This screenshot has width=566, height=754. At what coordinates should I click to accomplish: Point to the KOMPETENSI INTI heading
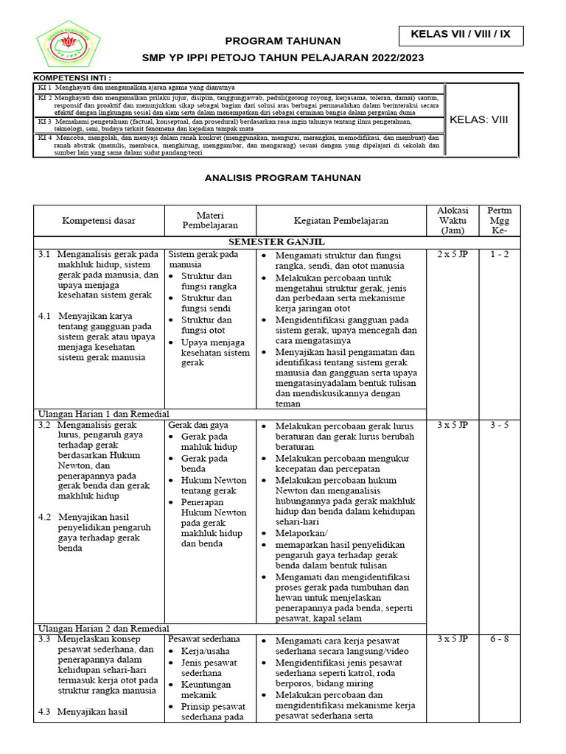click(73, 77)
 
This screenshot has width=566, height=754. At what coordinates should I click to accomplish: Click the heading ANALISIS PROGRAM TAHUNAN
click(283, 178)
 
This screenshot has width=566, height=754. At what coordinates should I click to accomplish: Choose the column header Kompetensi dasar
click(99, 221)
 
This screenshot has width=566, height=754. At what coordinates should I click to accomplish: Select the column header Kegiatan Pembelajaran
click(341, 221)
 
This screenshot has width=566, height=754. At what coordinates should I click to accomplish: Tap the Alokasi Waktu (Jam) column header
click(453, 221)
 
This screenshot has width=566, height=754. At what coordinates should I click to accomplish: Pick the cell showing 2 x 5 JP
click(453, 255)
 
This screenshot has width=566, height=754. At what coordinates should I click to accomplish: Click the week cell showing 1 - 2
click(499, 255)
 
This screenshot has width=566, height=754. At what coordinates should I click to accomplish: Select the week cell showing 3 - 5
click(499, 426)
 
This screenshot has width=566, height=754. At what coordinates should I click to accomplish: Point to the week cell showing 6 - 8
click(499, 639)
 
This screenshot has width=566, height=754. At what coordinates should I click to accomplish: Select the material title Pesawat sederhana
click(204, 639)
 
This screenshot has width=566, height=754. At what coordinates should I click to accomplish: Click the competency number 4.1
click(44, 316)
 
